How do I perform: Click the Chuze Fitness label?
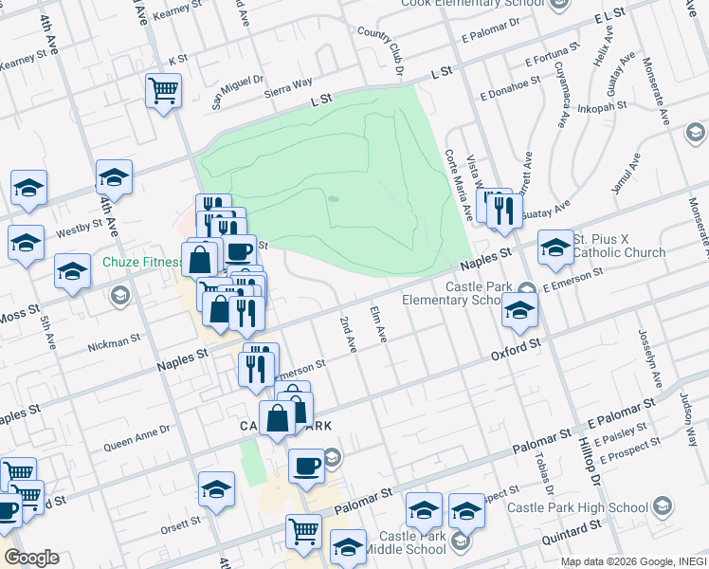(x=142, y=261)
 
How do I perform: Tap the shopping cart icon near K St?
(x=164, y=91)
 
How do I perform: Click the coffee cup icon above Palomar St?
(x=306, y=466)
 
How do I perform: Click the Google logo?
(x=31, y=558)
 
